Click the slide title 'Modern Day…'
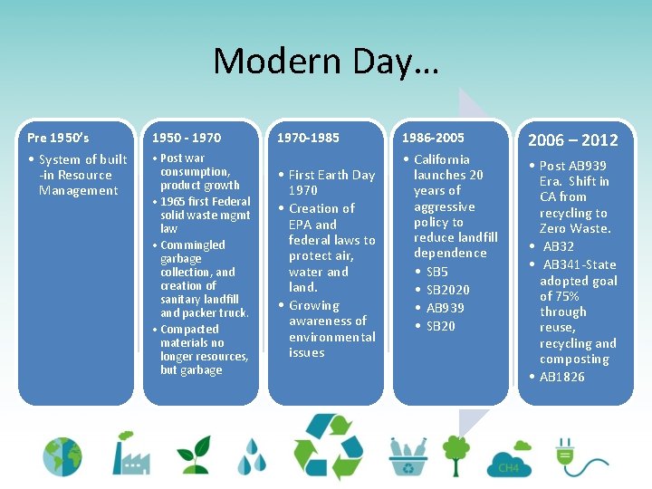click(325, 62)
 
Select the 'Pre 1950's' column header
click(58, 138)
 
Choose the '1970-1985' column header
click(309, 138)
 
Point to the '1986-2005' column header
click(435, 138)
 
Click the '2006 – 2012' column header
click(572, 139)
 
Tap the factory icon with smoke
click(131, 453)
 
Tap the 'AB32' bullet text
click(558, 246)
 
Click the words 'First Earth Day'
click(331, 175)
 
